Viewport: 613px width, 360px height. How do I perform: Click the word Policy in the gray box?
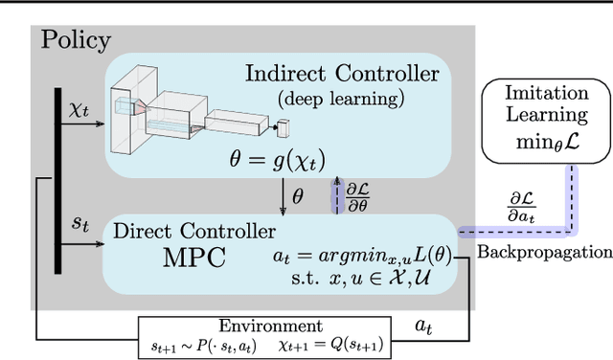[x=76, y=41]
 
